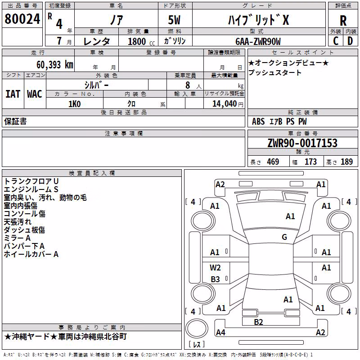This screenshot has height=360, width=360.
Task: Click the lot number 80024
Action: click(22, 19)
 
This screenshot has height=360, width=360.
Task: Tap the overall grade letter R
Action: click(343, 21)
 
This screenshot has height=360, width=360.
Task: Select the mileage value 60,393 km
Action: click(55, 65)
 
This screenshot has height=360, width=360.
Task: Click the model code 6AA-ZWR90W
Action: click(258, 41)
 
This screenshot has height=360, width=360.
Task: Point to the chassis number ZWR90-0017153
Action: click(302, 143)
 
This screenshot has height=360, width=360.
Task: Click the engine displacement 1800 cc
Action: click(141, 41)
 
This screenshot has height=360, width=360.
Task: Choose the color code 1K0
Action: click(75, 104)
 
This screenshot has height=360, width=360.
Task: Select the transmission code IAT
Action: click(13, 94)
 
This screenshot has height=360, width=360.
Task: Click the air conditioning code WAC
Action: click(35, 94)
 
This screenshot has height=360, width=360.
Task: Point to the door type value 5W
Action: click(174, 20)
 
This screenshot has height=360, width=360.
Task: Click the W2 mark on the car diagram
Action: click(215, 268)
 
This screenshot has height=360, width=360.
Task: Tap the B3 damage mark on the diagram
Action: click(216, 279)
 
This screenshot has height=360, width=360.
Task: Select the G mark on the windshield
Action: click(284, 237)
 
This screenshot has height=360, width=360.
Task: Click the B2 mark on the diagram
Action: click(258, 322)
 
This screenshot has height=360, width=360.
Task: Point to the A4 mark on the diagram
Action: click(220, 332)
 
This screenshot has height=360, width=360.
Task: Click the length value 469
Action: click(273, 162)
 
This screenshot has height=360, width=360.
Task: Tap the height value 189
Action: click(346, 162)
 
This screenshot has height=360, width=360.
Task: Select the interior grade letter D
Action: click(350, 41)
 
